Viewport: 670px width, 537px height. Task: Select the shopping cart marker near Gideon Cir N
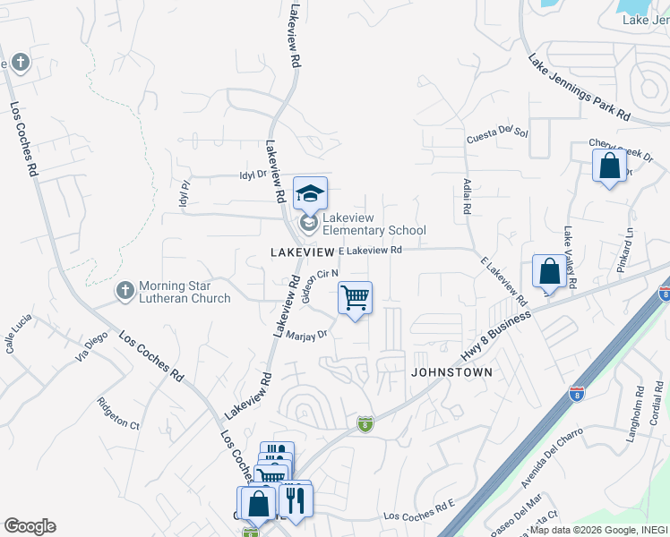356,298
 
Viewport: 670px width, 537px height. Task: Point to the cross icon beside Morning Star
125,290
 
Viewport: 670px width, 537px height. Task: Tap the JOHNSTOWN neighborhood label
452,371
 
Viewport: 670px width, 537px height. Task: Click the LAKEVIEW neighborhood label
302,253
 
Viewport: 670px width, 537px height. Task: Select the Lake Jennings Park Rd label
579,88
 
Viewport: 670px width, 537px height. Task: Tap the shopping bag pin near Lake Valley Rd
549,272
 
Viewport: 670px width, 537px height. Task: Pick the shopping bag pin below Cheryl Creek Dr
609,166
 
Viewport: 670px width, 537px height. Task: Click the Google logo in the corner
30,526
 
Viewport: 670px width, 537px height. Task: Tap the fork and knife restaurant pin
295,499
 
